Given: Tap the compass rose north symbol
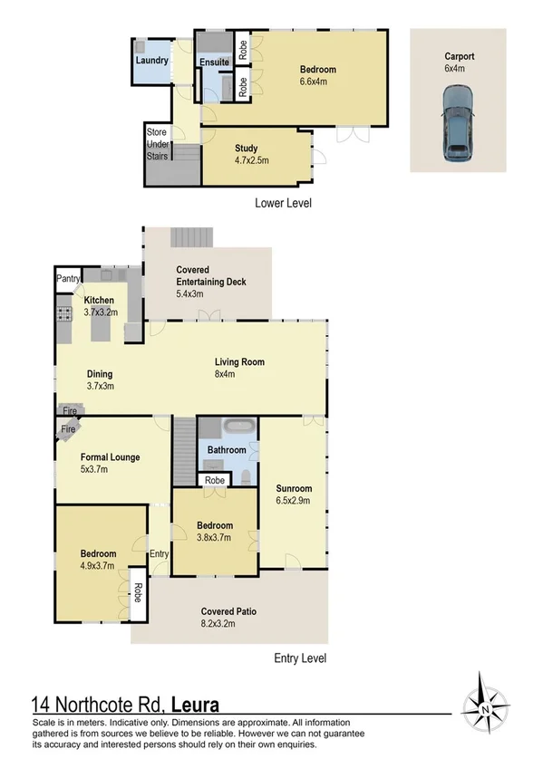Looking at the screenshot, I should coord(487,706).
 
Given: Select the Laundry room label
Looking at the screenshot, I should coord(150,61).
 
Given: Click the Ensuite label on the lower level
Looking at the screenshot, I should coord(214,62).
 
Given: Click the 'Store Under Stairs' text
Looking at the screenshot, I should coord(158,144).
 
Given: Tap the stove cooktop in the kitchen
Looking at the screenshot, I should coord(66,314).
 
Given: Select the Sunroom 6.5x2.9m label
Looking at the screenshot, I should coord(294,494).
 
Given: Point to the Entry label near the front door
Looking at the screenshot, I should coord(159,554).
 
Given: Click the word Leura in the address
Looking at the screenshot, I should coord(189,704).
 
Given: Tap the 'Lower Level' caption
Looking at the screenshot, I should coord(285,204).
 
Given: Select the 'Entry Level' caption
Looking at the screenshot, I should coord(299,658).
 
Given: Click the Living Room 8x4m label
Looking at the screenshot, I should coord(239,368).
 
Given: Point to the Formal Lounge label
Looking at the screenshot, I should coord(110,463).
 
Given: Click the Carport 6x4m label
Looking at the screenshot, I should coord(461,62).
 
